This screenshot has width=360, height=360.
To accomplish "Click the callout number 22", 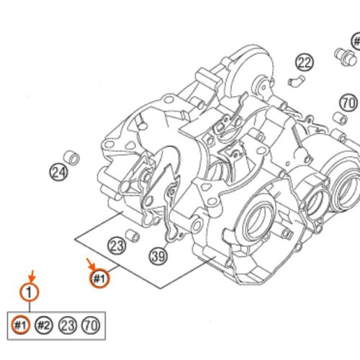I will [305, 63].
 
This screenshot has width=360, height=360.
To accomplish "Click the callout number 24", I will [58, 172].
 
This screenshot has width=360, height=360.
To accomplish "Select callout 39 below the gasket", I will [158, 255].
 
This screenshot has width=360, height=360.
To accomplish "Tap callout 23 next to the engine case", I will [117, 246].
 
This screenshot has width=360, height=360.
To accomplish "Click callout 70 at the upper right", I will [348, 103].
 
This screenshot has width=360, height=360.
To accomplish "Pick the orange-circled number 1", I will [28, 293].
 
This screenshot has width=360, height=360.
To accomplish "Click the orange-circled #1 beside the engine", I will [99, 279].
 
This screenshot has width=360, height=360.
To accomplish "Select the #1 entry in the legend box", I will [21, 325].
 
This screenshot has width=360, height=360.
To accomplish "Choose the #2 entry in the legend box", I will [45, 325].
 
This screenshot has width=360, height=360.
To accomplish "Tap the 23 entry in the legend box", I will [68, 325].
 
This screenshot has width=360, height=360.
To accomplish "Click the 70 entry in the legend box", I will [91, 325].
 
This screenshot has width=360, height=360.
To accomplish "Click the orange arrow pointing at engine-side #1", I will [90, 265].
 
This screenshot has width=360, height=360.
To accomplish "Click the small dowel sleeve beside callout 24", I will [72, 156].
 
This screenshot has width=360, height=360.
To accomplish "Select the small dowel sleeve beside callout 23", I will [132, 235].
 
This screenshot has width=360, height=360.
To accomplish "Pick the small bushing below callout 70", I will [337, 117].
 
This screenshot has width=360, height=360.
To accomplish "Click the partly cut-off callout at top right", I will [356, 41].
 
